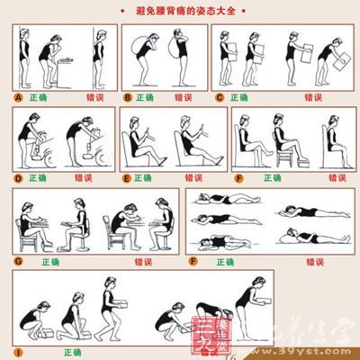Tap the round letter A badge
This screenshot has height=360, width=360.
(19, 96)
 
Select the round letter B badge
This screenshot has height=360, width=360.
(129, 96)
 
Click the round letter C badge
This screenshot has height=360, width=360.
(219, 96)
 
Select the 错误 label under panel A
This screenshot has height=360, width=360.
(91, 96)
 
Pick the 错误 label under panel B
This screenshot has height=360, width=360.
(186, 96)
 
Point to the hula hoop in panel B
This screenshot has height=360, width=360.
(143, 40)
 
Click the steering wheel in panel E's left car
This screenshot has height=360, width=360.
(149, 135)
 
